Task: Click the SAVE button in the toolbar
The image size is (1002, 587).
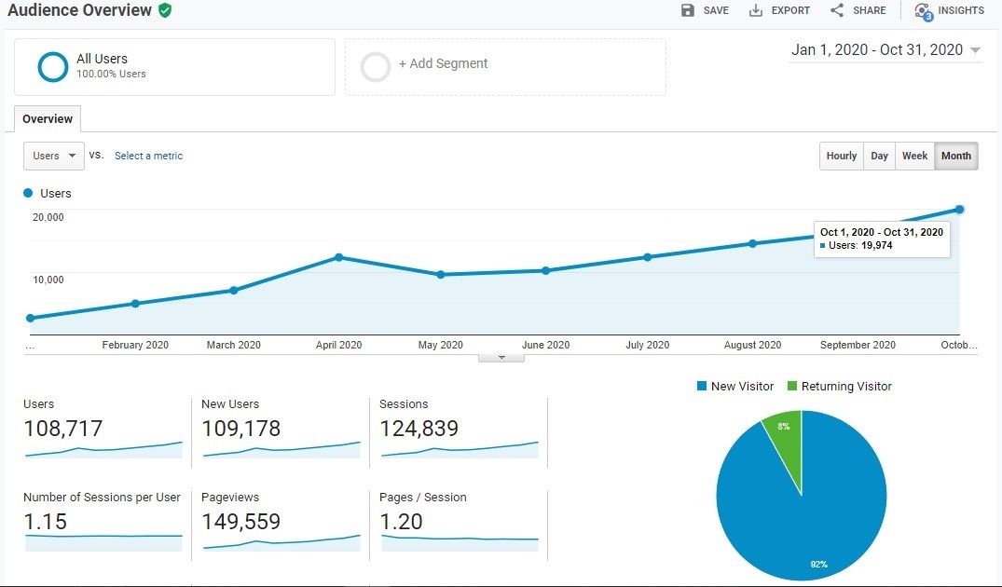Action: pyautogui.click(x=705, y=10)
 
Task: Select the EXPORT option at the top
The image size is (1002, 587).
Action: pyautogui.click(x=780, y=10)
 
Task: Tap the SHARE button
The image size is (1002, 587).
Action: pyautogui.click(x=858, y=10)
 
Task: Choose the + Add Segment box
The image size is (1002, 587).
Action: pyautogui.click(x=505, y=66)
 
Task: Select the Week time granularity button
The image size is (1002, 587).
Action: pyautogui.click(x=914, y=156)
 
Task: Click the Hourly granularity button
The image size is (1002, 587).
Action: pyautogui.click(x=841, y=156)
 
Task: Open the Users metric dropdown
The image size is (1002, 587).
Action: pyautogui.click(x=53, y=156)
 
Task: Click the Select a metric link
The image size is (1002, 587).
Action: pyautogui.click(x=148, y=156)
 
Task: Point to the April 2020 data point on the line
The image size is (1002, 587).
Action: pyautogui.click(x=338, y=257)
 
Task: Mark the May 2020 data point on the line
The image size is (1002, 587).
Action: pyautogui.click(x=441, y=275)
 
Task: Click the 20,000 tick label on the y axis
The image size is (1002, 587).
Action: pyautogui.click(x=48, y=217)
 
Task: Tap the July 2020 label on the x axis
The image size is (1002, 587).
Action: pyautogui.click(x=647, y=345)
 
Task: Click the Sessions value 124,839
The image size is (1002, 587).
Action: pyautogui.click(x=419, y=429)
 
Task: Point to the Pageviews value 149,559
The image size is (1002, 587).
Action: pyautogui.click(x=240, y=522)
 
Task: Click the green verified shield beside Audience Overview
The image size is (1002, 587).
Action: pyautogui.click(x=165, y=10)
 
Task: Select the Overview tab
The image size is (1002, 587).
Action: pyautogui.click(x=48, y=119)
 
